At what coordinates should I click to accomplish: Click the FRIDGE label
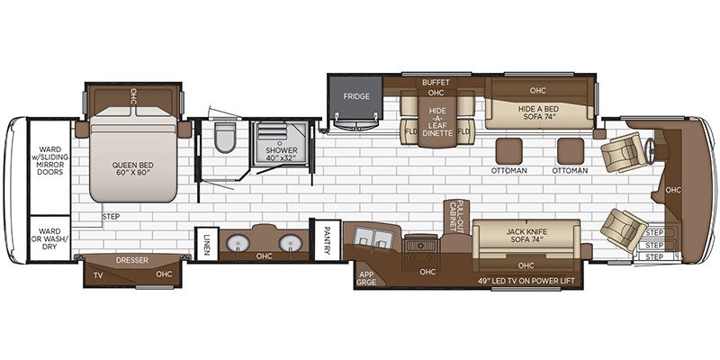(353, 93)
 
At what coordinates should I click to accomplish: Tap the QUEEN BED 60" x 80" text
(131, 170)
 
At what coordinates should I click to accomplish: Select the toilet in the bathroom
(224, 139)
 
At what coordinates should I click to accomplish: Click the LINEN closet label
(206, 242)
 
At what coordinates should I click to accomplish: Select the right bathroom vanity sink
(290, 243)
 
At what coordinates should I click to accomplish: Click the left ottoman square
(508, 149)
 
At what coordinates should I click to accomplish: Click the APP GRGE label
(367, 278)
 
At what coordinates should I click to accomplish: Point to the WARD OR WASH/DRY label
(45, 237)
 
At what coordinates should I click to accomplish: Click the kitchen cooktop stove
(420, 244)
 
